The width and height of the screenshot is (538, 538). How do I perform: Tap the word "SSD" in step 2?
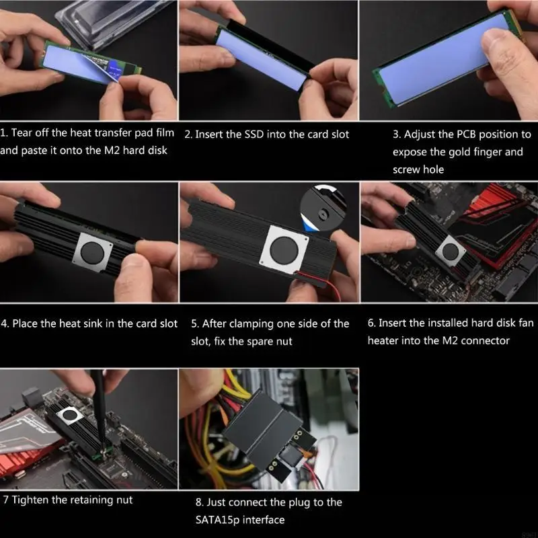click(x=254, y=134)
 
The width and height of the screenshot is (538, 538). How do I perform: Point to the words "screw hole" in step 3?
click(x=418, y=169)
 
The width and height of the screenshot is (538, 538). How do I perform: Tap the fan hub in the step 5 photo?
click(x=284, y=249)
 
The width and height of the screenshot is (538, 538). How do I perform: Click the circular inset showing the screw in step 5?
click(x=323, y=208)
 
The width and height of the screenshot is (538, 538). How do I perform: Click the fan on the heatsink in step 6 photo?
click(x=450, y=252)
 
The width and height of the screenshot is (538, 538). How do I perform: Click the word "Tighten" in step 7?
click(x=30, y=500)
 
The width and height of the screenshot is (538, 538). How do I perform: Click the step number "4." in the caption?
click(x=5, y=323)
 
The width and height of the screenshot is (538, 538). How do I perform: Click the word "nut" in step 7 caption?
click(x=124, y=500)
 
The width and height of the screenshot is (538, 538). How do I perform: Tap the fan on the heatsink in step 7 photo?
click(x=70, y=416)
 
